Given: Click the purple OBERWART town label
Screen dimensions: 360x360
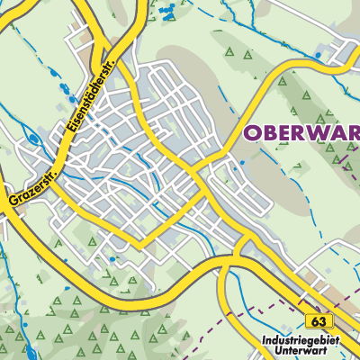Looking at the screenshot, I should (x=302, y=134).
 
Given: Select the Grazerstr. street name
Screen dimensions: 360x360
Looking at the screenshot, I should (x=29, y=185).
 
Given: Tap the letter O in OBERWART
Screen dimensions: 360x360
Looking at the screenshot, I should (x=254, y=134).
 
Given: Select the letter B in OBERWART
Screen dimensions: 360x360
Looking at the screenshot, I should (x=271, y=134).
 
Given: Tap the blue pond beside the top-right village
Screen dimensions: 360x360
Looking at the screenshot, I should (x=318, y=56).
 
